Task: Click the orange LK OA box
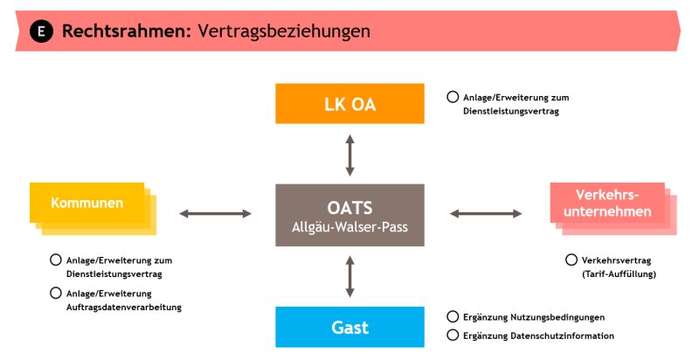(350, 103)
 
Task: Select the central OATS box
(350, 215)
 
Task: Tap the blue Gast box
(350, 327)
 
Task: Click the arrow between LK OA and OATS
(350, 155)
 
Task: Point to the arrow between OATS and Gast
(350, 277)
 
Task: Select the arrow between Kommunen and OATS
(215, 214)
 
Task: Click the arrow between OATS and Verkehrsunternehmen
(486, 214)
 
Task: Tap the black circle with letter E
(41, 31)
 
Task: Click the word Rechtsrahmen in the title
(127, 31)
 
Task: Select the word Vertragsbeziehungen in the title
(284, 31)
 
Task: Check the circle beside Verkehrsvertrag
(571, 260)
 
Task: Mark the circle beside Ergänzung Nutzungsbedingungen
(453, 316)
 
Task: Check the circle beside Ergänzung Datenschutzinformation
(453, 335)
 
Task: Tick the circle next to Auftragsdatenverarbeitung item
(56, 293)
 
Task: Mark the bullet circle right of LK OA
(453, 97)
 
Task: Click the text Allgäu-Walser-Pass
(350, 227)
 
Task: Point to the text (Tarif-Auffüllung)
(619, 274)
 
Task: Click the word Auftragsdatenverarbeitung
(124, 307)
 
